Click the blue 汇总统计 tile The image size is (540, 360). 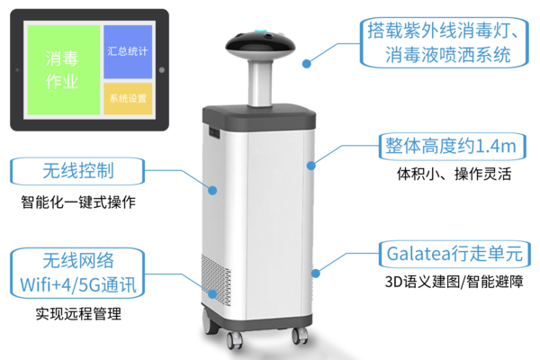coord(128,51)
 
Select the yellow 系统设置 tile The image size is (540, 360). coord(128,98)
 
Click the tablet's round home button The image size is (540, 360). coord(162,70)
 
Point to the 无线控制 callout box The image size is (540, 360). coord(77,171)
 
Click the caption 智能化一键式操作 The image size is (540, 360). coord(78,202)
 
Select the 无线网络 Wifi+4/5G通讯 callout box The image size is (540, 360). coord(77,273)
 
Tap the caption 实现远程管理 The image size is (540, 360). coord(78,314)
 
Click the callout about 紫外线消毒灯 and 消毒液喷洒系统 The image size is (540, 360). coord(445,42)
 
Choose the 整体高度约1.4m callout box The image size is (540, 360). coord(452,147)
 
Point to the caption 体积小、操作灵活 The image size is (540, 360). coord(454,174)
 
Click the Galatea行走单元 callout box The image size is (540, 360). coord(454,254)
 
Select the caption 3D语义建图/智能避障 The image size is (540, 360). coord(454,282)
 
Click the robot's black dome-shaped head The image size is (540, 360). coord(260,45)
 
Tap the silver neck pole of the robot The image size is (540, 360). coord(260,83)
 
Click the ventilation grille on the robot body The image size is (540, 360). coord(216,281)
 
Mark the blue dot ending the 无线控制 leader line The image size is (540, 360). coord(212,190)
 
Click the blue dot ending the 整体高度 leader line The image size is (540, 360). coord(311,166)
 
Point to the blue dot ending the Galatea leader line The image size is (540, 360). coord(316,274)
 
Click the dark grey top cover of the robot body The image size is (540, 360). coord(259,117)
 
